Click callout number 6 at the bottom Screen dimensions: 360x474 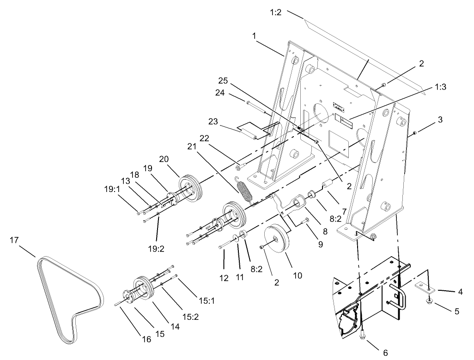point(386,353)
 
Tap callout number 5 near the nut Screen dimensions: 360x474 point(456,311)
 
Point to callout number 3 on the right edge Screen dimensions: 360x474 point(440,120)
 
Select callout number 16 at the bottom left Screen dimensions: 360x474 point(146,340)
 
